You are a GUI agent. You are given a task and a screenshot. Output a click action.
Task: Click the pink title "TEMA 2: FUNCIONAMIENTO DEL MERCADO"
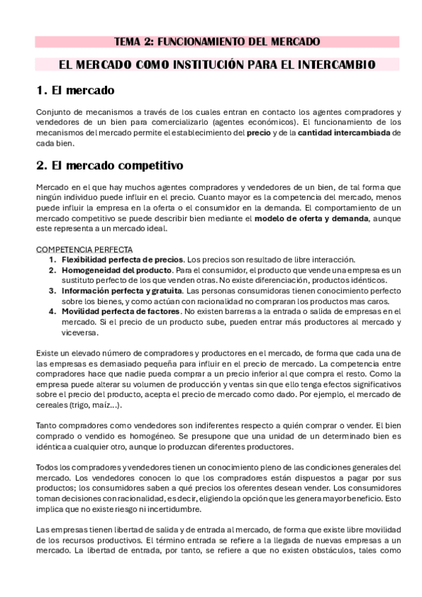218,42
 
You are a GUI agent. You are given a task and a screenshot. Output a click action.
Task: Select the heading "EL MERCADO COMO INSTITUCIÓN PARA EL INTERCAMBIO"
217,65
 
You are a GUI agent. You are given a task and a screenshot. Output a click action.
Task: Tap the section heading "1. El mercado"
75,92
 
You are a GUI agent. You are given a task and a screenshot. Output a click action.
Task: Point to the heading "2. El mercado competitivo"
109,166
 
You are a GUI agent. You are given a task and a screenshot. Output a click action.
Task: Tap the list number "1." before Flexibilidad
54,259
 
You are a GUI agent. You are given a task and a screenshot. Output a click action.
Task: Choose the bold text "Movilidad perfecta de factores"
119,310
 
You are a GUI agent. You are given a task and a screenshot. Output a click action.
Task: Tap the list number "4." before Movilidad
54,310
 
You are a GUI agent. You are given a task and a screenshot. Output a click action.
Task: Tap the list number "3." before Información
54,290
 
